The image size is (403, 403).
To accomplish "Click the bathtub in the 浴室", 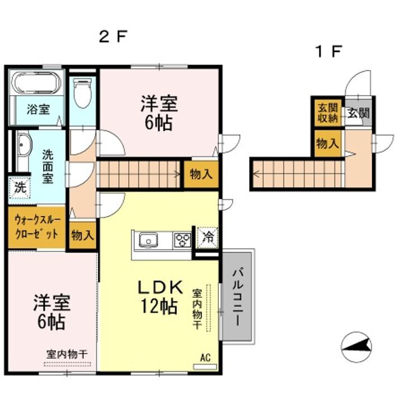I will pos(36,84).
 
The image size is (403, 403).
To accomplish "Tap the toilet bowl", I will pos(83,93).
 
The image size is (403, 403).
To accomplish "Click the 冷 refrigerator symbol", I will pos(207,237).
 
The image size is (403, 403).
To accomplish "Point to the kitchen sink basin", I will pos(148,241).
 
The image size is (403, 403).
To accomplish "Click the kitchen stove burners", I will pos(182,241).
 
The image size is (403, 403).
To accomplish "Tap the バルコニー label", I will pos(237,297).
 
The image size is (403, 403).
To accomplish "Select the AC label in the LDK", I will pos(205,356).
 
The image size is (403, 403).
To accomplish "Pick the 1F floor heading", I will pos(327,51).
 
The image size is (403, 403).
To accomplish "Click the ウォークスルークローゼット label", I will pos(36,227).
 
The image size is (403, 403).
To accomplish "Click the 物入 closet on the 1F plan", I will pos(327,142).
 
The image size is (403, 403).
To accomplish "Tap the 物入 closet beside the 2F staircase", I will pos(201,174).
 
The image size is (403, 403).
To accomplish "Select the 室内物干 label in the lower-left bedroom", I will pos(67,354).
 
